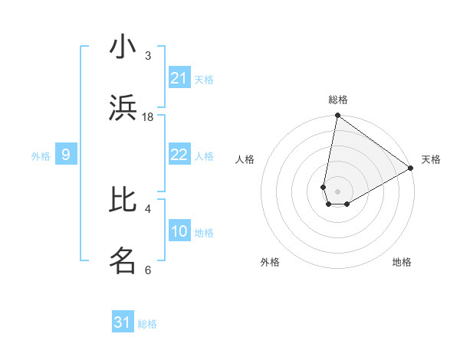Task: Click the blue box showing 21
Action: (179, 78)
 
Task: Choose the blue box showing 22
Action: (179, 155)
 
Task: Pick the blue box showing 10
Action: (179, 231)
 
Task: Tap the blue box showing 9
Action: (66, 155)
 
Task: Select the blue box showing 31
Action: (123, 322)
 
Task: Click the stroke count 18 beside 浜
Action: (148, 117)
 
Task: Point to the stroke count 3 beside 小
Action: (148, 56)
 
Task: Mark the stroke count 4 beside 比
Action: (148, 208)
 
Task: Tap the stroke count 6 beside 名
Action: (148, 270)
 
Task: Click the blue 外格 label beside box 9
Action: (41, 156)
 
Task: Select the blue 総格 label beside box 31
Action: (147, 324)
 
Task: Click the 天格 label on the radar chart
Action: (431, 159)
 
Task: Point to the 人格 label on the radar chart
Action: (245, 159)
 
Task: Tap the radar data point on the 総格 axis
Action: (337, 116)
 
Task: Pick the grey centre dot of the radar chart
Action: (337, 191)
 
